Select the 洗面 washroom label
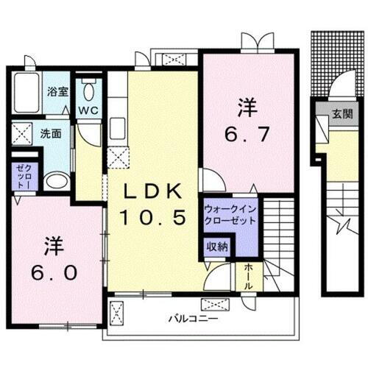(x=51, y=135)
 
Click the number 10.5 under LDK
(x=154, y=217)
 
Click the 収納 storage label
(x=216, y=247)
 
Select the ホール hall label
(x=248, y=276)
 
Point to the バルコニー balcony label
(x=191, y=319)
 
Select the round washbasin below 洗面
(x=54, y=181)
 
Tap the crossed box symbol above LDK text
(x=118, y=155)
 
